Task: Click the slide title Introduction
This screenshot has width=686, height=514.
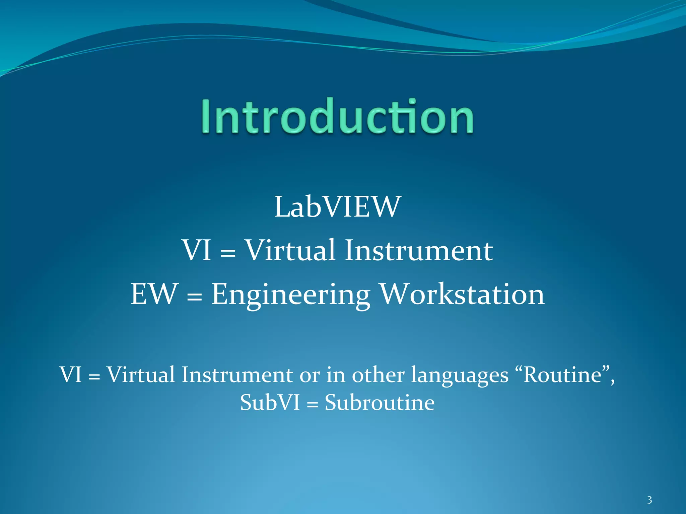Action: tap(337, 116)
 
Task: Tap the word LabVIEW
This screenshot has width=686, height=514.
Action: tap(338, 207)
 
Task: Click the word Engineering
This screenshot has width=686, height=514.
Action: tap(291, 294)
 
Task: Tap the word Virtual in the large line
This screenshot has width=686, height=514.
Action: tap(290, 250)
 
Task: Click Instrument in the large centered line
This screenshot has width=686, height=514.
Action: tap(419, 250)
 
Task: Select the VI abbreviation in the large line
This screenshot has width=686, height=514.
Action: tap(197, 250)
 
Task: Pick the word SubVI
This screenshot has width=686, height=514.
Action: tap(270, 402)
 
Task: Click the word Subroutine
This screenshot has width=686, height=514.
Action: tap(380, 402)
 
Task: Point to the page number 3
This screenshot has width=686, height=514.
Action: tap(649, 500)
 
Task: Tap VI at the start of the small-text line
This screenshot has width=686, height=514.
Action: tap(71, 374)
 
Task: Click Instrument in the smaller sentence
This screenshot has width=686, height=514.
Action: tap(237, 374)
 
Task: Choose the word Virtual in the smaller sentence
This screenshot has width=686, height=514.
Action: tap(141, 374)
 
